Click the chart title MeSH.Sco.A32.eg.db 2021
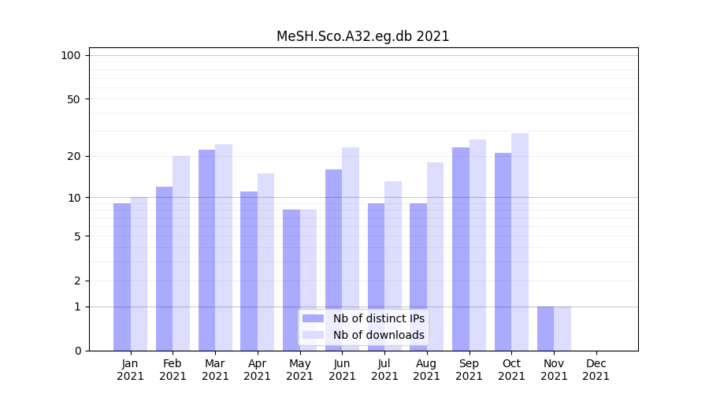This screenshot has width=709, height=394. (362, 36)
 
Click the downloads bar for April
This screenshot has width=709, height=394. (265, 262)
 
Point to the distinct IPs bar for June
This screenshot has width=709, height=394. (333, 259)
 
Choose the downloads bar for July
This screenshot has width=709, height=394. (393, 266)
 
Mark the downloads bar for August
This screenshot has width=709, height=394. (435, 256)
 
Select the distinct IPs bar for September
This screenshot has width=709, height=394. (461, 248)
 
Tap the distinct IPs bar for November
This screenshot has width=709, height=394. (545, 328)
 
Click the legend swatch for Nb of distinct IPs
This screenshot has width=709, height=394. (313, 318)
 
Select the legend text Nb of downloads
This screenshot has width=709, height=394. (378, 335)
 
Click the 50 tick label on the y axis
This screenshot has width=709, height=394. (73, 99)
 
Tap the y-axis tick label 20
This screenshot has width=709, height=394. (73, 156)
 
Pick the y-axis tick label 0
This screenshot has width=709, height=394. (77, 351)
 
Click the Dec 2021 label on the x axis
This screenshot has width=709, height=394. (596, 370)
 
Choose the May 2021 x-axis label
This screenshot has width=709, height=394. (300, 370)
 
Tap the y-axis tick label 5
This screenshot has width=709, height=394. (77, 236)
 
